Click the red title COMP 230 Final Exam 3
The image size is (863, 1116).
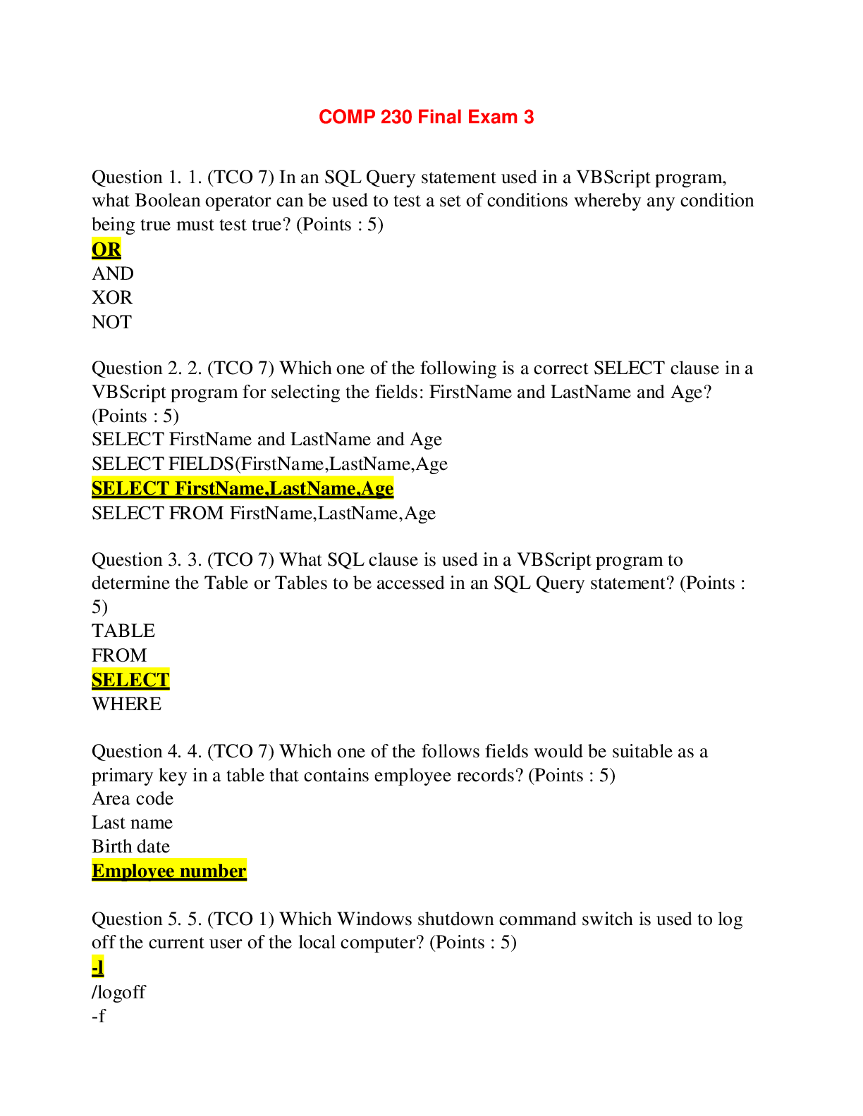coord(426,117)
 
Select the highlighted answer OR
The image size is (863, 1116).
coord(106,249)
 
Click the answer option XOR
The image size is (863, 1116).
coord(111,297)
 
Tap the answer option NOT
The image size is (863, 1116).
coord(111,322)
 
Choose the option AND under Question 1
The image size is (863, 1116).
coord(112,273)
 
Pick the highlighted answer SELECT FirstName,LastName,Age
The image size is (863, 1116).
coord(242,488)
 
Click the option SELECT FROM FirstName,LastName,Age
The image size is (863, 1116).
coord(263,513)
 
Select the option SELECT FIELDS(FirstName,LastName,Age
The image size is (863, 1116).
coord(269,464)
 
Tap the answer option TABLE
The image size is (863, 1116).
coord(123,631)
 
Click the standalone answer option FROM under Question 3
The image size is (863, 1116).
coord(118,655)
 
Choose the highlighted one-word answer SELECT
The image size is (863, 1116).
coord(130,680)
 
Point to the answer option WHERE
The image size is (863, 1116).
coord(126,704)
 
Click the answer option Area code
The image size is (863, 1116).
coord(132,798)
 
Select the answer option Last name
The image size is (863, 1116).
coord(132,822)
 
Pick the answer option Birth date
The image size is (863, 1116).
coord(130,846)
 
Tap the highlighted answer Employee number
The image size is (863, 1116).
coord(169,872)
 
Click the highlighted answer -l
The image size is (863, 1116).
coord(97,967)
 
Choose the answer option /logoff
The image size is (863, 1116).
coord(118,992)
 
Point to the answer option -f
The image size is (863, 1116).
coord(98,1016)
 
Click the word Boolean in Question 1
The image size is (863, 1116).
coord(167,201)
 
